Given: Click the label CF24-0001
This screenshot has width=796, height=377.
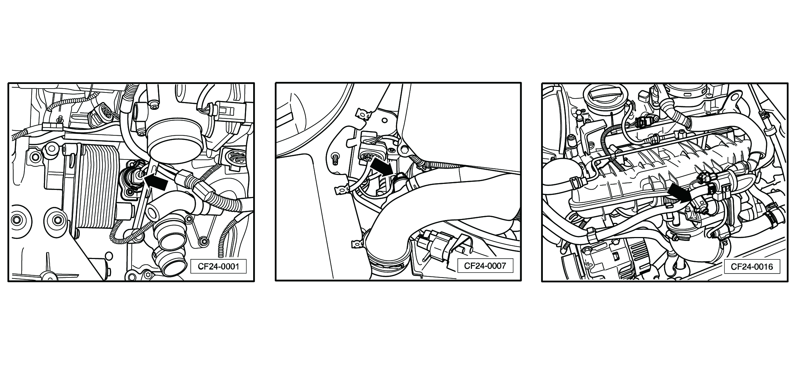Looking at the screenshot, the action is [x=218, y=266].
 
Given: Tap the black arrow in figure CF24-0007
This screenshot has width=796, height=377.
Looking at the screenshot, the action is [x=381, y=166].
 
